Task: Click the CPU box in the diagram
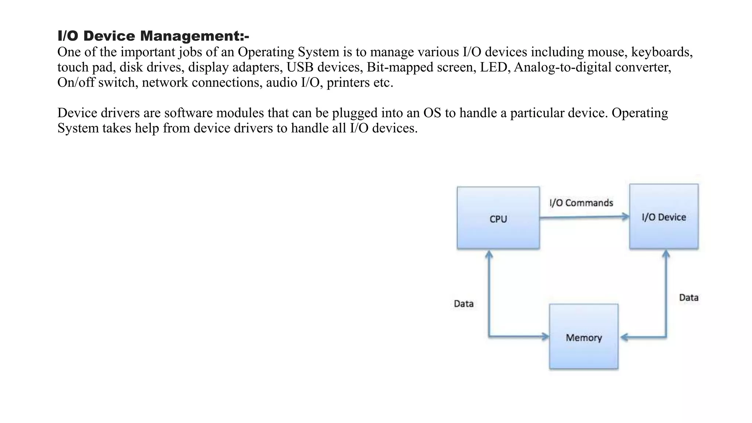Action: [498, 218]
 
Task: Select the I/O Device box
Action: [664, 216]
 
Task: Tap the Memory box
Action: [584, 336]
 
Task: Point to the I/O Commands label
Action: [581, 203]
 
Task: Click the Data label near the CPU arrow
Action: [464, 304]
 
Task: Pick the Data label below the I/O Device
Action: [689, 297]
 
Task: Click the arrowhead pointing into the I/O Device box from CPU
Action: [625, 217]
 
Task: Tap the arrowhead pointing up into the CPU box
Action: [489, 254]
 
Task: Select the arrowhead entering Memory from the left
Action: [545, 336]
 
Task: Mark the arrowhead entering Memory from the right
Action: [624, 337]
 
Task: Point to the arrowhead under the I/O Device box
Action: [666, 254]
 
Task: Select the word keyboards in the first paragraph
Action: [662, 53]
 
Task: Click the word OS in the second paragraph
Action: [432, 113]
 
